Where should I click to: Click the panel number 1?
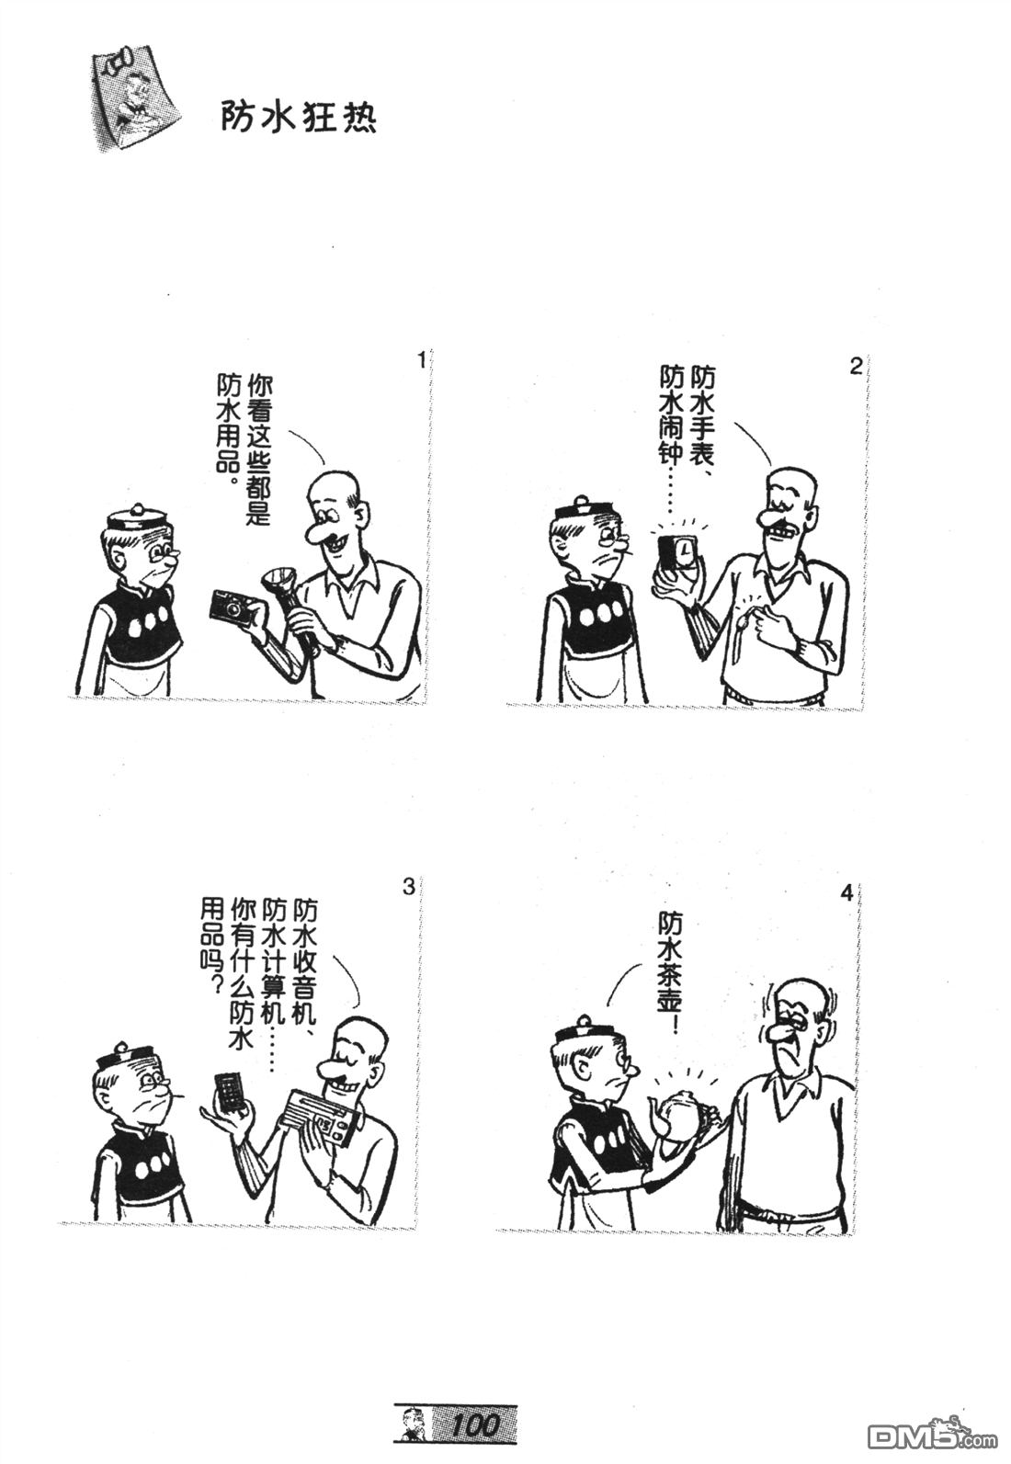421,360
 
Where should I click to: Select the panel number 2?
856,367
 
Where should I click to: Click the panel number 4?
847,892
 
